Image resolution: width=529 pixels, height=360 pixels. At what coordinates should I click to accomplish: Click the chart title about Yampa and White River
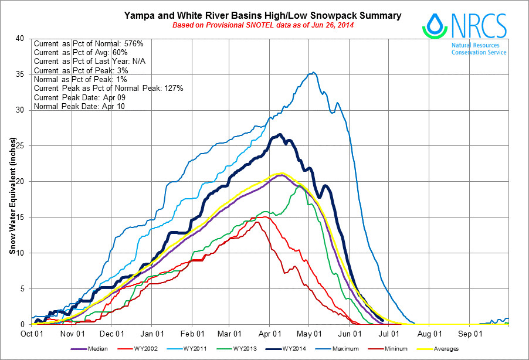coord(263,16)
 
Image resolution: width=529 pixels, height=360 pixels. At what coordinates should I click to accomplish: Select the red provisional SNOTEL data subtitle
coord(263,26)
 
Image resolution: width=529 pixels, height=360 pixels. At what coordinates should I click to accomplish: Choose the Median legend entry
coord(94,349)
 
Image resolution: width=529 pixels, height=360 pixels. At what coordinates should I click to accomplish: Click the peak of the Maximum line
coord(314,72)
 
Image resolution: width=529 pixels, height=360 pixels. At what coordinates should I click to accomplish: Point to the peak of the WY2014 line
coord(280,134)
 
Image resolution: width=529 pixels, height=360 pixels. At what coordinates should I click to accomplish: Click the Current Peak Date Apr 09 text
coord(79,97)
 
